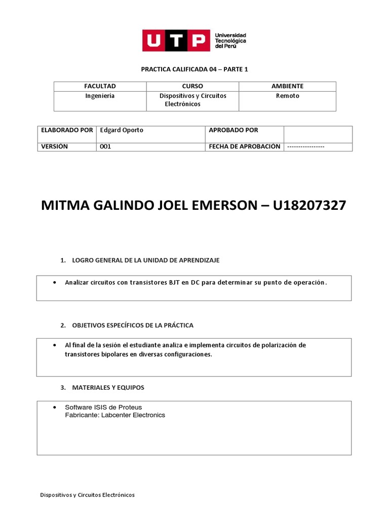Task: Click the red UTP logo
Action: pos(175,41)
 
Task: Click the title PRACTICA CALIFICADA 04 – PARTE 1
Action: pos(194,69)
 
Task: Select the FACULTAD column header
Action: pos(100,87)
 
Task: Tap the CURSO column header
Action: pos(192,87)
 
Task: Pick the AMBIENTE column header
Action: pos(287,87)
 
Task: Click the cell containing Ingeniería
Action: pos(100,96)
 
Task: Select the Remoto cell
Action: pos(287,96)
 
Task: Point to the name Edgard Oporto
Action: pos(122,130)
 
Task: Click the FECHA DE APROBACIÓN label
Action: pos(244,146)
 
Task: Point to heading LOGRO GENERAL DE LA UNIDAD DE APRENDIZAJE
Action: pos(146,260)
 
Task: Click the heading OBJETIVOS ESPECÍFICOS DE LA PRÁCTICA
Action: pos(133,325)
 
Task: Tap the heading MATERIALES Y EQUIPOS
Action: pos(108,387)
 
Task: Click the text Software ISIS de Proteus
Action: pos(103,407)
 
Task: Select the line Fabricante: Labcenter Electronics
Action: pos(115,415)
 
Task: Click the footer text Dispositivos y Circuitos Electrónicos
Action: pos(88,495)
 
